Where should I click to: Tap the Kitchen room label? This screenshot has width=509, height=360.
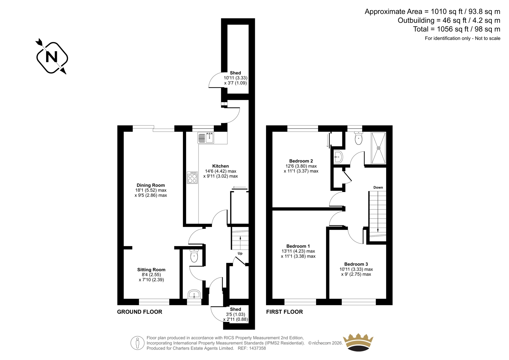(x=220, y=166)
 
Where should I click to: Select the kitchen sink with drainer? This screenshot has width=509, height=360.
(x=206, y=138)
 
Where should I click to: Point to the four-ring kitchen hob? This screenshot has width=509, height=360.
(x=192, y=178)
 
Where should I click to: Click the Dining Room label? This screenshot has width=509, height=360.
(x=151, y=185)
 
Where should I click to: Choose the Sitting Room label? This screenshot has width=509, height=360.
(x=151, y=270)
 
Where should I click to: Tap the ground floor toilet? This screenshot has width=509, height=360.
(x=194, y=256)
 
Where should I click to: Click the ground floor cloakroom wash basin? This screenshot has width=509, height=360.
(x=194, y=294)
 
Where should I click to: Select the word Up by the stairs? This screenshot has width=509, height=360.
(x=240, y=253)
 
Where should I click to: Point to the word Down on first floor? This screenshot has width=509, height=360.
(x=378, y=187)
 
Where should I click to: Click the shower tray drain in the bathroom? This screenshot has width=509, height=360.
(x=379, y=148)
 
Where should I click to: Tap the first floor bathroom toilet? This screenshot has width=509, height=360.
(x=359, y=138)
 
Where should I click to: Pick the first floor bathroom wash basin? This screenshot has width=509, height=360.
(x=338, y=157)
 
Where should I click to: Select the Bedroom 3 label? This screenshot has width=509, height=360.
(x=356, y=264)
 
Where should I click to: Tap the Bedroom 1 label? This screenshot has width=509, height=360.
(x=298, y=246)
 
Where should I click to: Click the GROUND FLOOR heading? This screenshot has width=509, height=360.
(x=140, y=312)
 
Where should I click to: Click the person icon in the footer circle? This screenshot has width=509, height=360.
(x=137, y=343)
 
